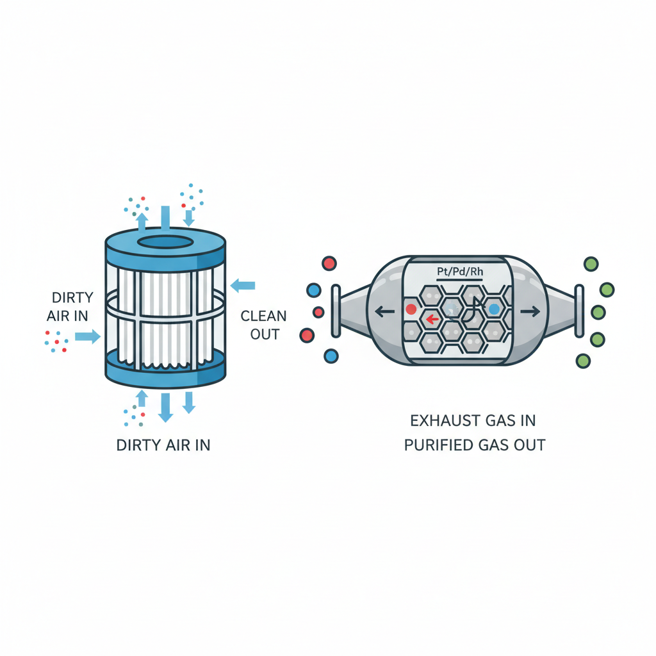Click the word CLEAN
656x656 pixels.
(x=264, y=316)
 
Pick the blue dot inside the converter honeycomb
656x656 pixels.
(x=493, y=309)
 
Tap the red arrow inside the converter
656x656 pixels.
(x=433, y=318)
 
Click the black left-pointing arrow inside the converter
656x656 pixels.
(x=384, y=312)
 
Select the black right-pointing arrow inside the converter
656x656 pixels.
(x=529, y=312)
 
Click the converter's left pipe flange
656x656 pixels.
(x=336, y=311)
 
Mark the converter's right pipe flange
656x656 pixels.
(x=578, y=311)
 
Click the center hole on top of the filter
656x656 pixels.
(x=165, y=242)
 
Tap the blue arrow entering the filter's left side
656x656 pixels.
(x=87, y=336)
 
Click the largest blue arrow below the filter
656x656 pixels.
(x=165, y=407)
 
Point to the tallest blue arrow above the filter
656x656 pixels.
(x=165, y=218)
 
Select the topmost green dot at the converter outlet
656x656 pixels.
(x=591, y=264)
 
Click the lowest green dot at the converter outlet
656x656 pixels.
(x=583, y=361)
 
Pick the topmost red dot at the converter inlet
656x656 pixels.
(x=329, y=263)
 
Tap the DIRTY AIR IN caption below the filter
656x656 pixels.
(x=163, y=445)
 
